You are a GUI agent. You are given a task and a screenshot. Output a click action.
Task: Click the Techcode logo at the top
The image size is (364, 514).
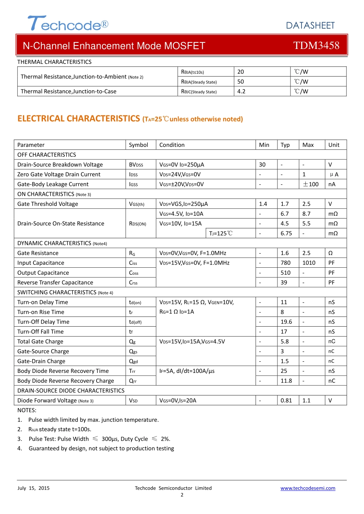coord(68,24)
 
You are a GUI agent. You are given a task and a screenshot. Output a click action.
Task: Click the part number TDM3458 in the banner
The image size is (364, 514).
coord(316,46)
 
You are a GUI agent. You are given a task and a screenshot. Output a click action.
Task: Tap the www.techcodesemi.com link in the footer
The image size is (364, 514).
coord(308,488)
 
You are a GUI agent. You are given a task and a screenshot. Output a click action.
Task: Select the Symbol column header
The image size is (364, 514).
coord(138,145)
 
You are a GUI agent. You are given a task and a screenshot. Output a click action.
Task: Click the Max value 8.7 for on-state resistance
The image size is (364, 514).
coord(306,214)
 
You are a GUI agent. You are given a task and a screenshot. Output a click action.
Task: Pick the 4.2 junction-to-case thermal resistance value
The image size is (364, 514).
coord(241,91)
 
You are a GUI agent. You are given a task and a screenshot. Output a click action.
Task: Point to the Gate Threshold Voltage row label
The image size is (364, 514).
coord(48,204)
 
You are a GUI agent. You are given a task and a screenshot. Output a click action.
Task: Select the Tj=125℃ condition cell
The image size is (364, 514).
coord(220,233)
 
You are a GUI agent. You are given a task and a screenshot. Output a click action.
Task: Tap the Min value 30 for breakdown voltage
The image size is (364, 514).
coord(262,164)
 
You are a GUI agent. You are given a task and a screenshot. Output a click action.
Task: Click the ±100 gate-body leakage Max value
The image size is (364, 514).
coord(311,184)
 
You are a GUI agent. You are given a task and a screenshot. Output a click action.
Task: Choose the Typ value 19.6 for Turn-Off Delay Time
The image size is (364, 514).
coord(286,322)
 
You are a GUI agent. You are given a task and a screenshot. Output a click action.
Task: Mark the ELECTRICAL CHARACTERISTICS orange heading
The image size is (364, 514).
coord(79,119)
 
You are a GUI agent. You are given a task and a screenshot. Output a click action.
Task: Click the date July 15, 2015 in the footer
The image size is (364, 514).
coord(33,488)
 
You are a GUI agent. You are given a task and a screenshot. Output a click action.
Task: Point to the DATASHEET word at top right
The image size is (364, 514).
coord(310,26)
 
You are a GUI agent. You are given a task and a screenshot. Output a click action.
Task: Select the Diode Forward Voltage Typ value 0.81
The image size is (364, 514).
coord(286,400)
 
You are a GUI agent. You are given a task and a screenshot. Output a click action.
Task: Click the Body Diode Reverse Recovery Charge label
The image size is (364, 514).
coord(66,381)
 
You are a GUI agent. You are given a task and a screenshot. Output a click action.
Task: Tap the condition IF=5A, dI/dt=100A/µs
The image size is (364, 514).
coord(187,371)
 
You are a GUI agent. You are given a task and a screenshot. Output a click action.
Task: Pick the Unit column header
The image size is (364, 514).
coord(334,145)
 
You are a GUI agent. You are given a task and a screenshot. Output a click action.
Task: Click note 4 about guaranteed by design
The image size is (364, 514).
coord(101,448)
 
